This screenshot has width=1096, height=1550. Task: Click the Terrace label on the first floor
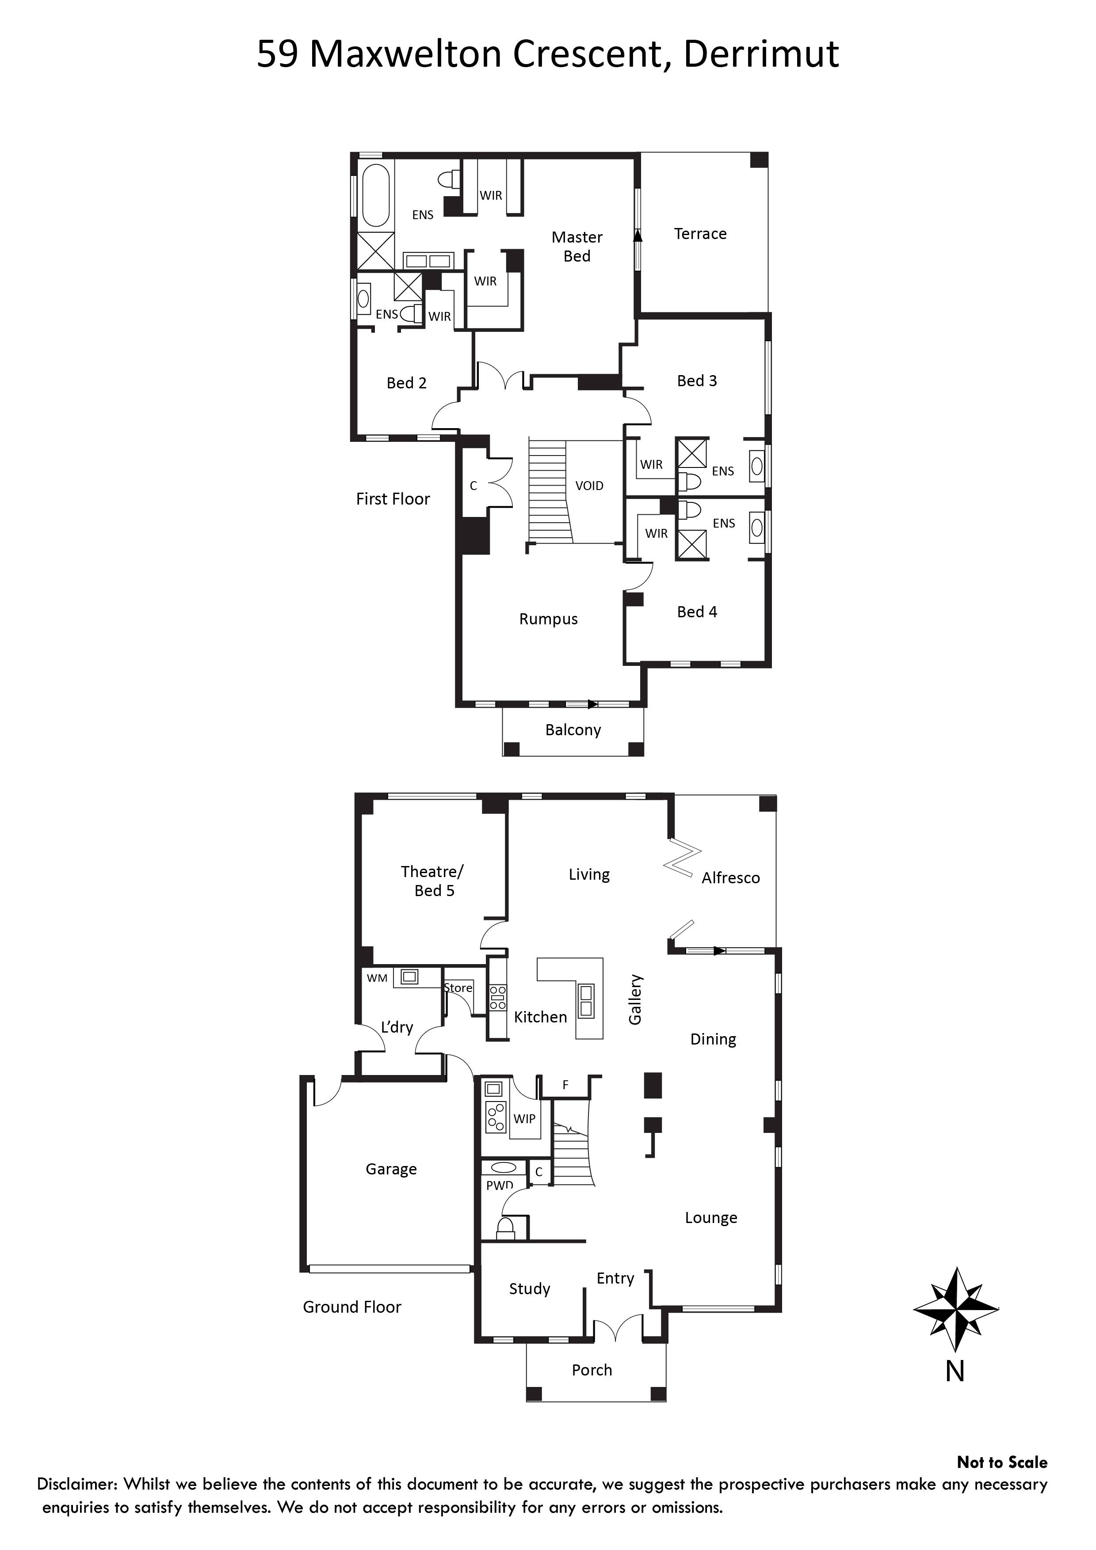[700, 234]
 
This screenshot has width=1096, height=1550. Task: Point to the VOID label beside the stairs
[589, 486]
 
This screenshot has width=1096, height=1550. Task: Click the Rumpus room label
[548, 619]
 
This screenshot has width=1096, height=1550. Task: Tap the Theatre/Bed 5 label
[432, 881]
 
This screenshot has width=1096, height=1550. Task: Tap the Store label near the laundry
[458, 988]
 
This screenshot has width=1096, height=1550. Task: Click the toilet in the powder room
[506, 1227]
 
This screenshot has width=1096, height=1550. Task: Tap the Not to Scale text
[1002, 1462]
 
